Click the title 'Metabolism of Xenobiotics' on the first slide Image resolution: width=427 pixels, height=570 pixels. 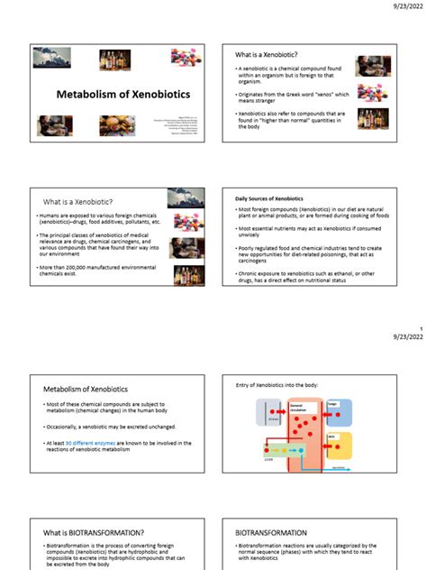[x=118, y=94]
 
